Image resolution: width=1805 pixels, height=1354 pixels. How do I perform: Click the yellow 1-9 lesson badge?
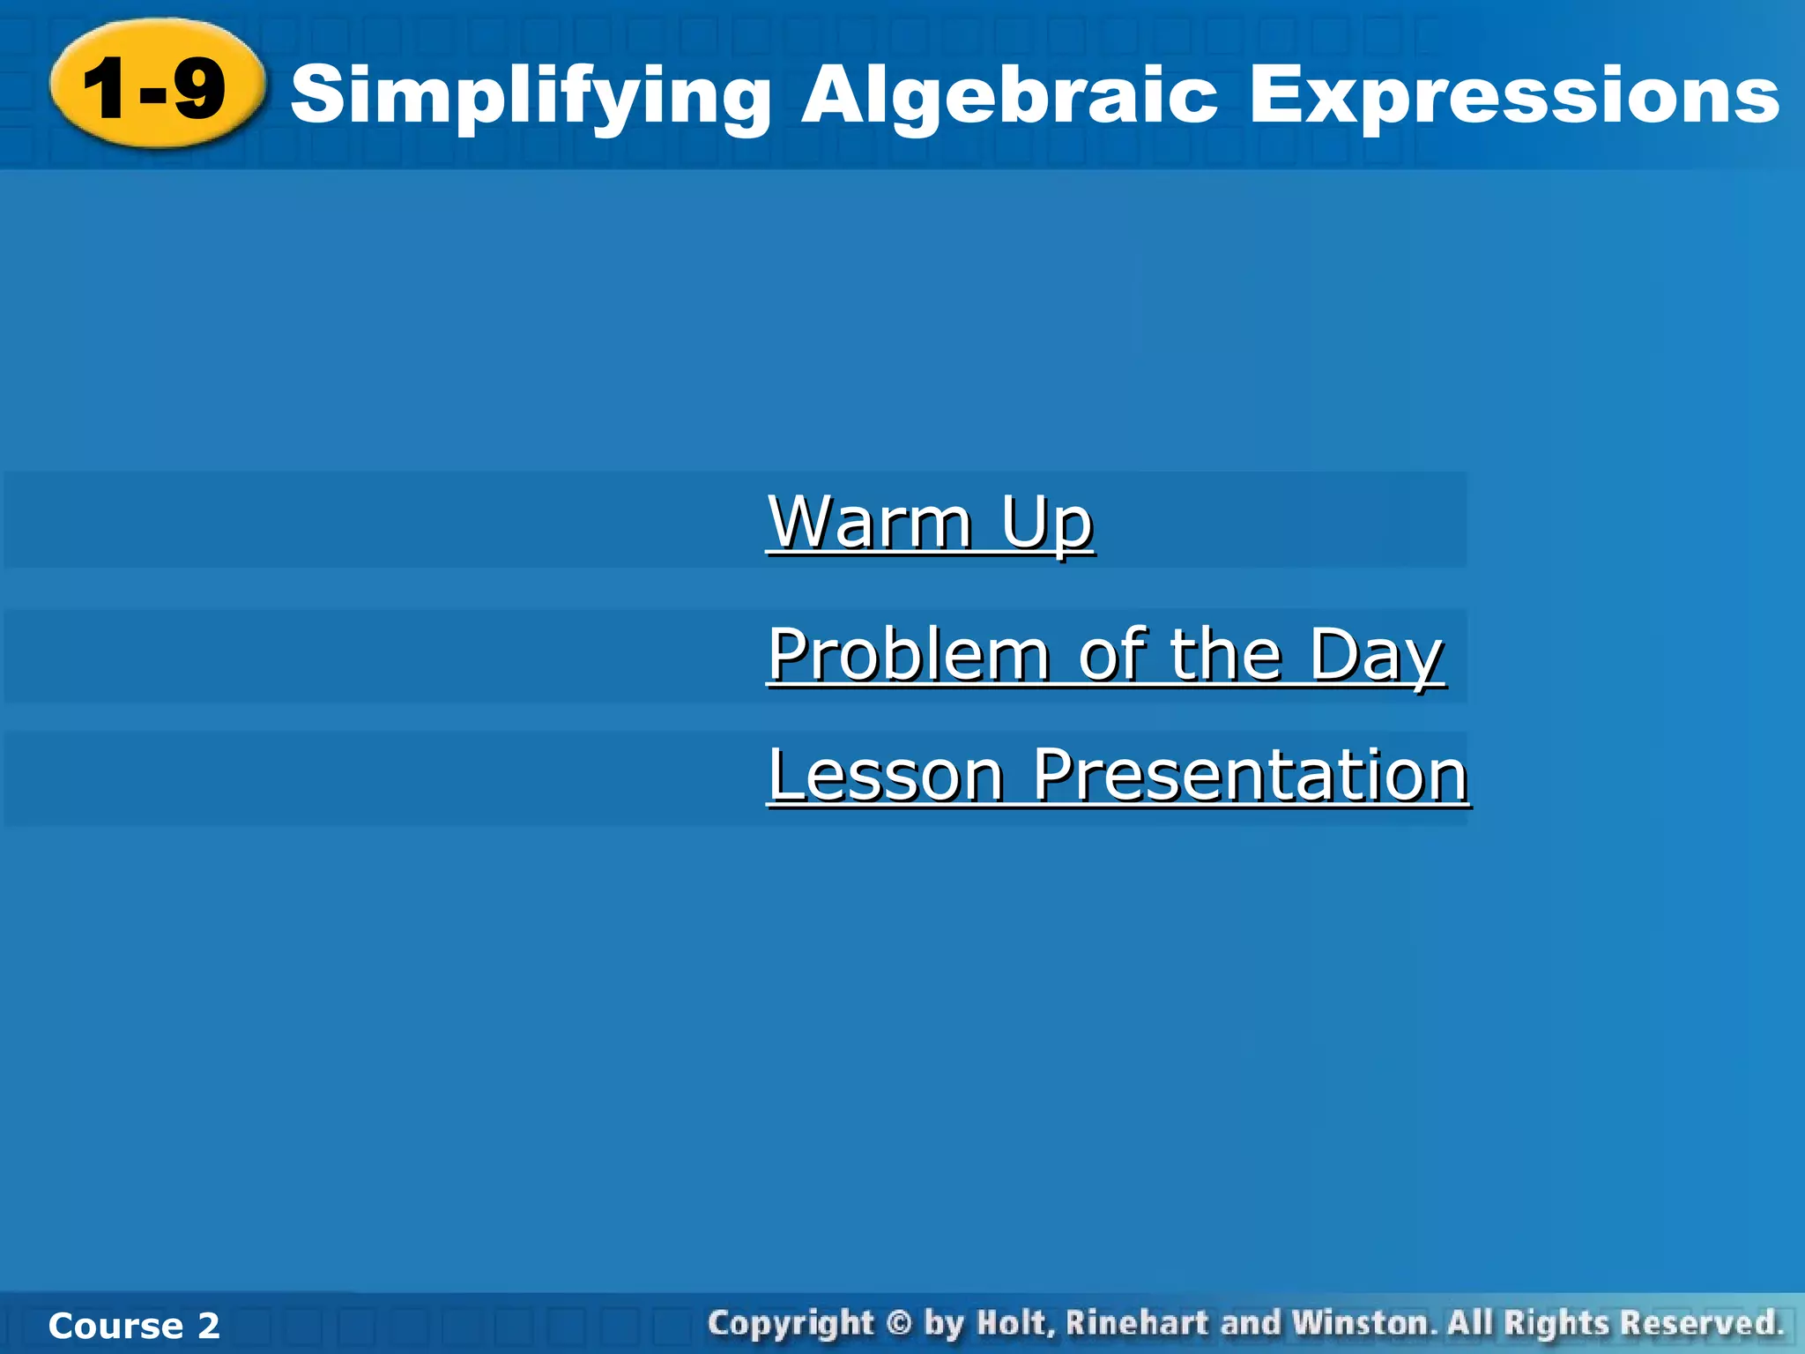coord(157,86)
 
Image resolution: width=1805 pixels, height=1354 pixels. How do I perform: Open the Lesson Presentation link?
coord(1118,775)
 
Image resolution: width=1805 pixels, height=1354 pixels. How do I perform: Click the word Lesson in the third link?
coord(886,775)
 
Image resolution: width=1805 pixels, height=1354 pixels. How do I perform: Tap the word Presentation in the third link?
coord(1250,775)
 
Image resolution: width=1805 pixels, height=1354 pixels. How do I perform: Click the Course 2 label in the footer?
coord(134,1326)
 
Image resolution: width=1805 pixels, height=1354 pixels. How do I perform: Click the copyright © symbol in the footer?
coord(898,1323)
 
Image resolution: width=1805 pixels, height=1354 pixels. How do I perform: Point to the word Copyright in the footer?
coord(791,1323)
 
